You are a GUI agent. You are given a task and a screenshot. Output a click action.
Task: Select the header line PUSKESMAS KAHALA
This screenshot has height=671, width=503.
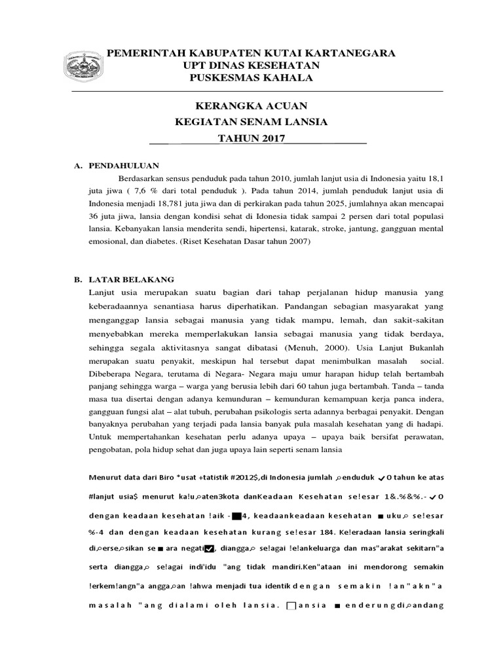(251, 78)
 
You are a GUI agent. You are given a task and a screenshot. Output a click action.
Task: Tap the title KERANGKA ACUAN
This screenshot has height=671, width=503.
(252, 106)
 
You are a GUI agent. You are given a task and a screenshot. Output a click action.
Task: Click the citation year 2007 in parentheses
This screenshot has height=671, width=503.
(293, 242)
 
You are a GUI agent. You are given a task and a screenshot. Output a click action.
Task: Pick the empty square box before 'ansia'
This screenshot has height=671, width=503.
(292, 605)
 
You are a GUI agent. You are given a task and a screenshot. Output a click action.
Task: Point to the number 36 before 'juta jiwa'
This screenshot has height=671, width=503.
(94, 217)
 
